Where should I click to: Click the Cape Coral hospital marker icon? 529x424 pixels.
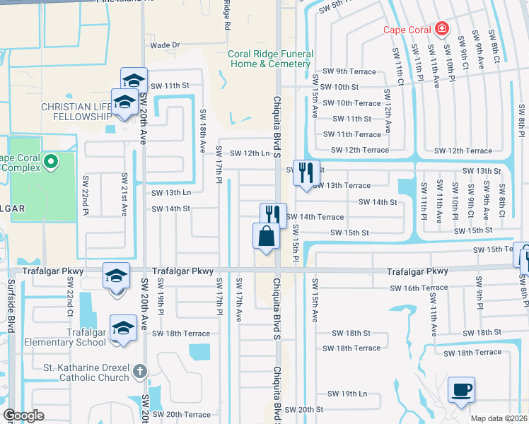click(442, 29)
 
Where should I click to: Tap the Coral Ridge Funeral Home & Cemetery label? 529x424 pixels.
click(269, 59)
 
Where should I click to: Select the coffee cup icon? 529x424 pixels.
click(461, 389)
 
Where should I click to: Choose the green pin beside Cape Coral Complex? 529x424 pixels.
click(50, 163)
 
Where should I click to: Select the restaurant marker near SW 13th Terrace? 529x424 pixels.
click(306, 172)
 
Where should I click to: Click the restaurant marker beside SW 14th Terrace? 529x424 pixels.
click(273, 215)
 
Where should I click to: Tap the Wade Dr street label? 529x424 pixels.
click(165, 45)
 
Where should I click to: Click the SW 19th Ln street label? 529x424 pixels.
click(347, 394)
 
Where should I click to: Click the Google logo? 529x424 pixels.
click(24, 416)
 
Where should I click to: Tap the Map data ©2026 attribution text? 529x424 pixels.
click(498, 418)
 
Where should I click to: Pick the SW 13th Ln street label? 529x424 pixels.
click(171, 193)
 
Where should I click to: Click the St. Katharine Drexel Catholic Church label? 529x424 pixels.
click(88, 372)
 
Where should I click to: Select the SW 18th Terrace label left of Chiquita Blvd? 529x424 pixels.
click(181, 334)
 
